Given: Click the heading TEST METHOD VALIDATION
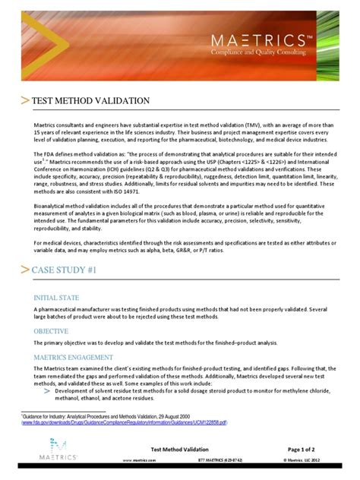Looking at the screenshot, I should pos(95,101).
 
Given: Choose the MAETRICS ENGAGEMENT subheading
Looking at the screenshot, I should pos(74,356).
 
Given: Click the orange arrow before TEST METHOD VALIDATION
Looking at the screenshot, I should pos(27,102).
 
